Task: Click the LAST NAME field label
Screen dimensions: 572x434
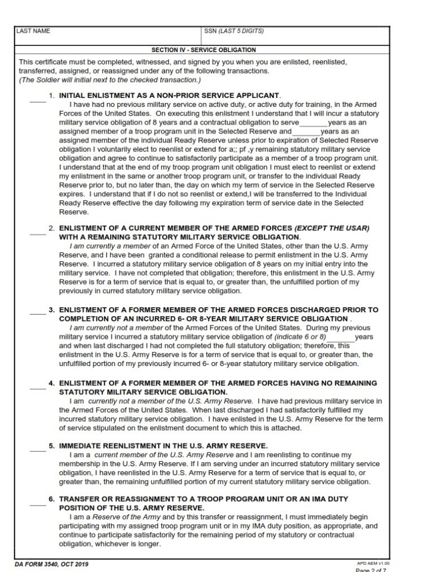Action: click(x=33, y=31)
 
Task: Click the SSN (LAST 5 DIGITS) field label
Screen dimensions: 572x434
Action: click(x=233, y=31)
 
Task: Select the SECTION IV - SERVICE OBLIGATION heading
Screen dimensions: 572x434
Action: click(x=203, y=50)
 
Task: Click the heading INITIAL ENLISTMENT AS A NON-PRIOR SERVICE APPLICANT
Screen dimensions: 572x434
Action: click(x=170, y=96)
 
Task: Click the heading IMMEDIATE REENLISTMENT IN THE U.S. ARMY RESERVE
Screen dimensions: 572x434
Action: click(x=163, y=446)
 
